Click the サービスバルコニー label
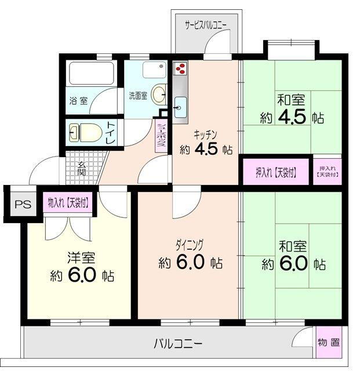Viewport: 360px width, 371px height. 206,24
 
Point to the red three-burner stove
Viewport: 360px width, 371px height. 180,69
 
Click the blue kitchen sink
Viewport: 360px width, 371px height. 180,106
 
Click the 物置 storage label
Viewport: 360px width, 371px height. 329,342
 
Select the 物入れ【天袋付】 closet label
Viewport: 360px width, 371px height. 69,203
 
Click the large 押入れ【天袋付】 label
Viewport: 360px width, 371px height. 276,172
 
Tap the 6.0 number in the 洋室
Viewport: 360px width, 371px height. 82,275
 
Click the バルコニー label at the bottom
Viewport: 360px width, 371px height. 178,344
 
